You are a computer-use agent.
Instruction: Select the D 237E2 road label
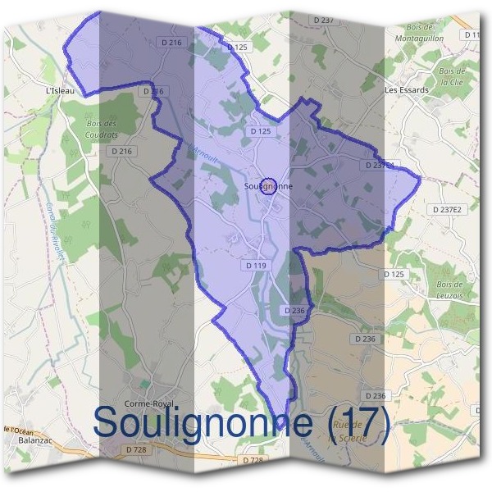[446, 210]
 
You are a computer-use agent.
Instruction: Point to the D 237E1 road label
[378, 165]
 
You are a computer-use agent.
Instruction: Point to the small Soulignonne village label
[268, 186]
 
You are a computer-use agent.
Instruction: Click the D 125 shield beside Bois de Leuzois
[394, 274]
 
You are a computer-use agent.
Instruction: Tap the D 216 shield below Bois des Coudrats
[121, 152]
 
